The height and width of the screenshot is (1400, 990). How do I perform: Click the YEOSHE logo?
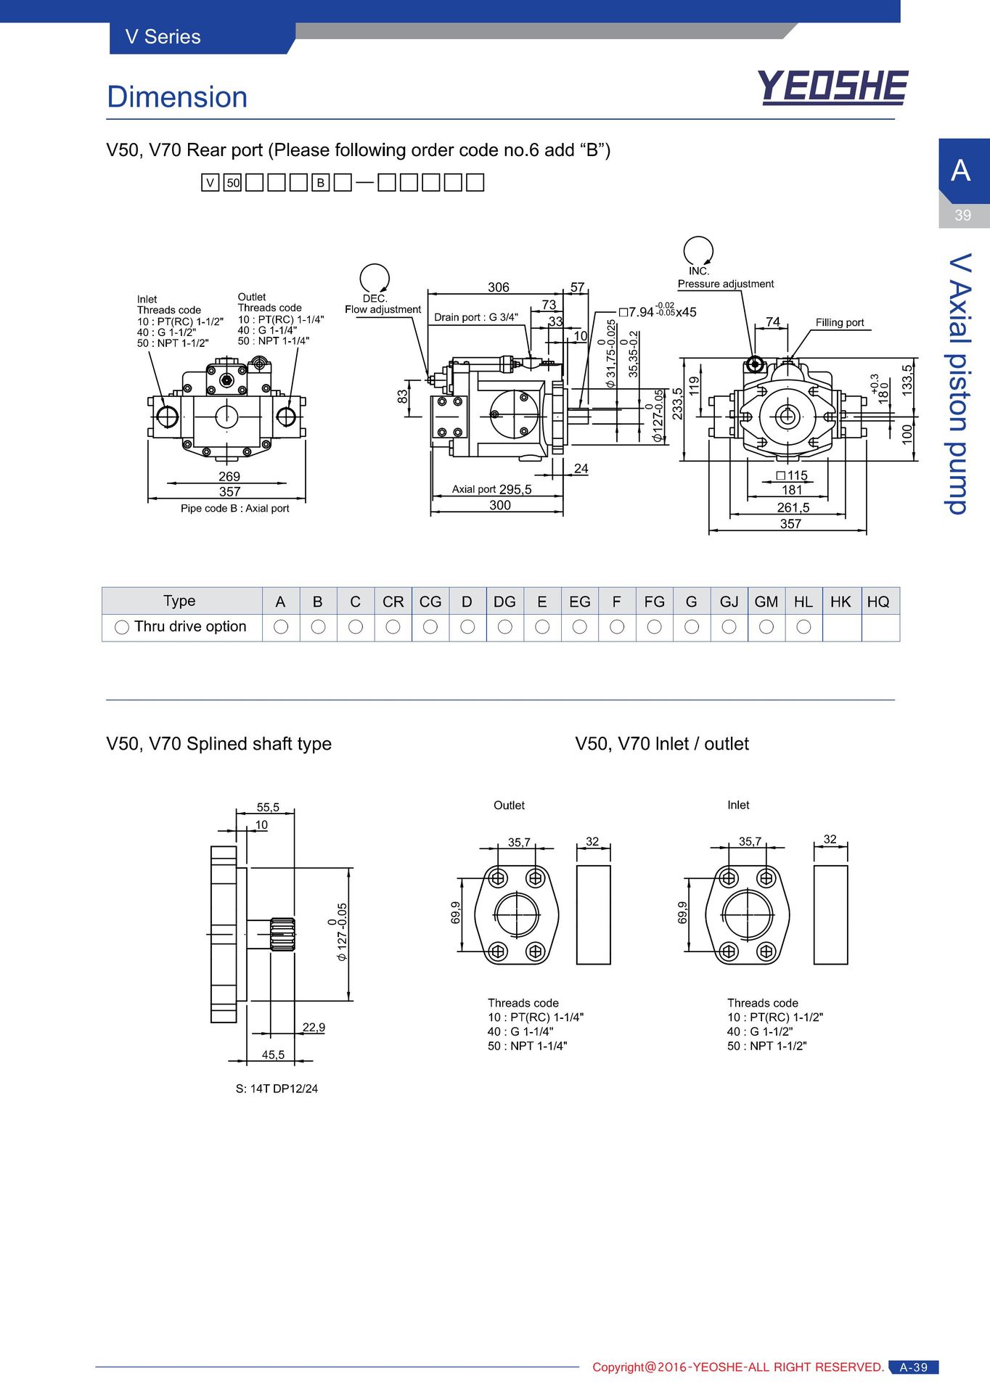click(x=832, y=87)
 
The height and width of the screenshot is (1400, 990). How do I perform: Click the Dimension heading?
click(x=177, y=97)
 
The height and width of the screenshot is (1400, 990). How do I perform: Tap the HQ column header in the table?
click(x=878, y=601)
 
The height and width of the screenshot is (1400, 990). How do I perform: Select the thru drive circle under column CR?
click(x=393, y=626)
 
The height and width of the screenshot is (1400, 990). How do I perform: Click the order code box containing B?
click(x=320, y=183)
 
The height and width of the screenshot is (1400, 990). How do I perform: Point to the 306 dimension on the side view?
click(x=499, y=287)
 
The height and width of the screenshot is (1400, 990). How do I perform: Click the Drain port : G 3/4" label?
click(x=476, y=317)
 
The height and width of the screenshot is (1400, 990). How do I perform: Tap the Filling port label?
click(x=840, y=322)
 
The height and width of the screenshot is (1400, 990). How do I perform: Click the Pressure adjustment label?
click(x=726, y=284)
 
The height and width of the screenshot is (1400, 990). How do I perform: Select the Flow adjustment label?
click(x=382, y=309)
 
